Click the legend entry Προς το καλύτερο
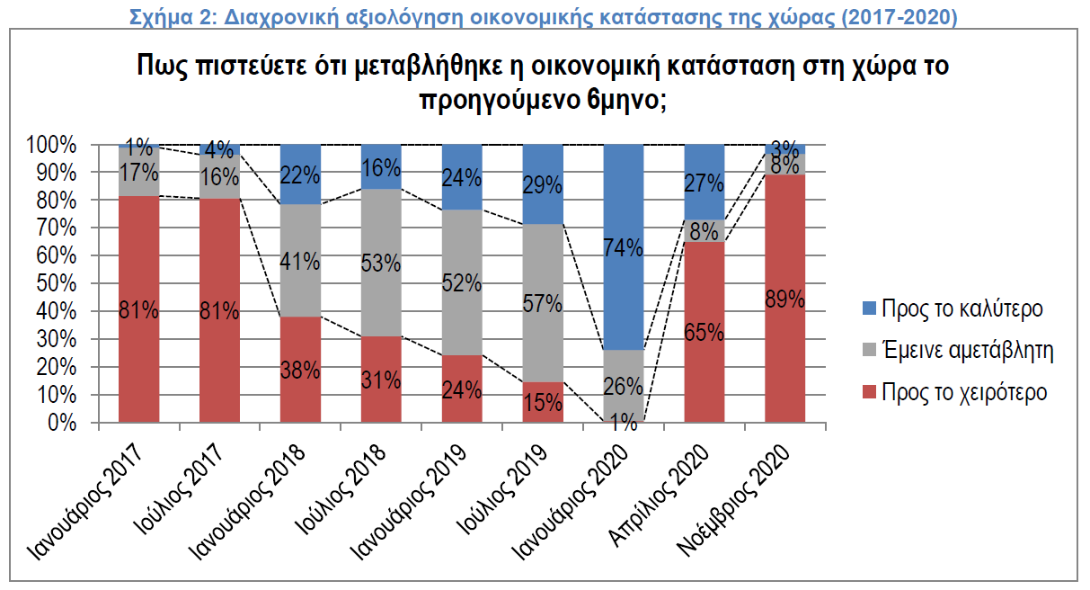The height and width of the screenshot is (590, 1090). point(962,308)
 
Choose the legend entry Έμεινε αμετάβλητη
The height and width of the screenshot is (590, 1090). point(967,351)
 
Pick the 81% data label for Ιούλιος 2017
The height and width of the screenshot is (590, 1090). point(220,312)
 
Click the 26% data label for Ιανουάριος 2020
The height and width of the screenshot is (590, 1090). point(624,388)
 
